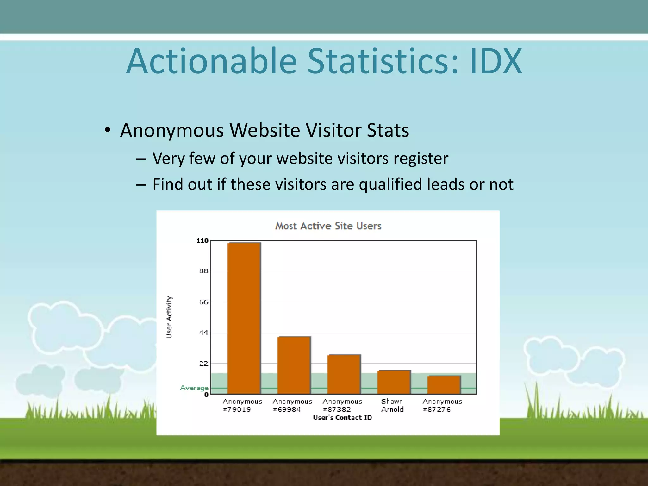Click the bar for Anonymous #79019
tap(244, 318)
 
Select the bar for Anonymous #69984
tap(294, 365)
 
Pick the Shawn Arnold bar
tap(394, 382)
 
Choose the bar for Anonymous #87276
tap(444, 385)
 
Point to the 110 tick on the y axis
tap(202, 241)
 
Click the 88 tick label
tap(204, 271)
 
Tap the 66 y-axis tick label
tap(204, 302)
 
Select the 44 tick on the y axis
tap(204, 333)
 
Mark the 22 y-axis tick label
tap(204, 364)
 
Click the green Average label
tap(194, 388)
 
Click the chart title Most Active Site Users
tap(328, 226)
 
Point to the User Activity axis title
tap(169, 317)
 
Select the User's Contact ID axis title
tap(342, 418)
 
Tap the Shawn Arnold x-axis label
tap(392, 405)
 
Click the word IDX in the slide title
tap(496, 61)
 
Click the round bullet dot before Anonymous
tap(108, 130)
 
